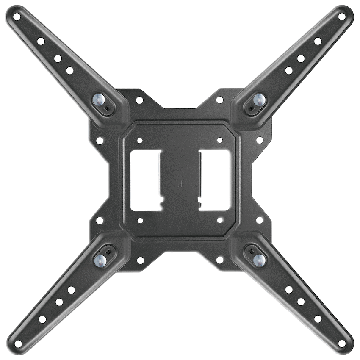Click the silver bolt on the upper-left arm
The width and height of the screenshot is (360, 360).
(98, 100)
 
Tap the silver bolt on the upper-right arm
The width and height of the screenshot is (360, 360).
(259, 100)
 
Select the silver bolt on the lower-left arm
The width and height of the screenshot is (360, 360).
(100, 259)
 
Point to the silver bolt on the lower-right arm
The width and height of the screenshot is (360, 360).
(259, 259)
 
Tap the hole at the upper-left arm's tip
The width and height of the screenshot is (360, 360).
(17, 17)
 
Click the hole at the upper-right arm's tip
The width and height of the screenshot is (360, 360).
(342, 17)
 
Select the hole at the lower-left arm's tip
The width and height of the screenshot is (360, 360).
(18, 343)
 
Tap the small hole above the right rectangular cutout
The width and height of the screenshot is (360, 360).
(220, 140)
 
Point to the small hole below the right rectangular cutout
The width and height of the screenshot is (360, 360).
(220, 220)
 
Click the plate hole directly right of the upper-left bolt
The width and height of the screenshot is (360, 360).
(139, 100)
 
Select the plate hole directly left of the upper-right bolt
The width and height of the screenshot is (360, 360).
(220, 100)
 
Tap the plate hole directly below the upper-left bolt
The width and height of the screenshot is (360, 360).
(100, 140)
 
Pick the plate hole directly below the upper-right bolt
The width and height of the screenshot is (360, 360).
(260, 140)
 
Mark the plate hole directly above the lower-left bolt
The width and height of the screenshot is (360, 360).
(100, 220)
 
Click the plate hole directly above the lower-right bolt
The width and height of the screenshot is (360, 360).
(260, 220)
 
